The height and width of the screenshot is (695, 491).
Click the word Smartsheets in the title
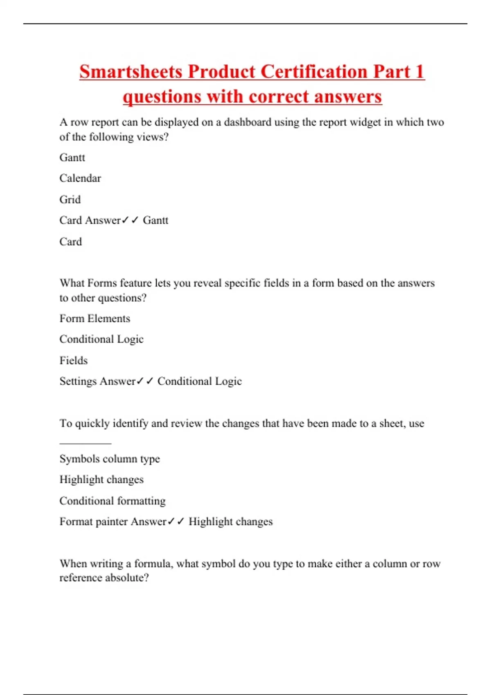coord(131,72)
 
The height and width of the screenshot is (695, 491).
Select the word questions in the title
coord(162,97)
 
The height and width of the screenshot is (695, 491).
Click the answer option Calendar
coord(80,178)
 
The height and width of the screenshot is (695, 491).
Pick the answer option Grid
coord(70,200)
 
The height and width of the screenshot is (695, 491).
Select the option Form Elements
coord(95,318)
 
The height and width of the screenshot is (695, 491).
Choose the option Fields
coord(74,361)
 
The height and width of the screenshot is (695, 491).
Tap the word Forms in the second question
coord(102,283)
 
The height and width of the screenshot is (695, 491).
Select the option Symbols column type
coord(110,459)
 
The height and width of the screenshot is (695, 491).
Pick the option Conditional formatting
coord(113,501)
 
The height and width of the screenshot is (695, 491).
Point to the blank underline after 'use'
coord(85,443)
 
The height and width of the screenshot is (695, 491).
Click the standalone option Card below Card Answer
coord(70,242)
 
